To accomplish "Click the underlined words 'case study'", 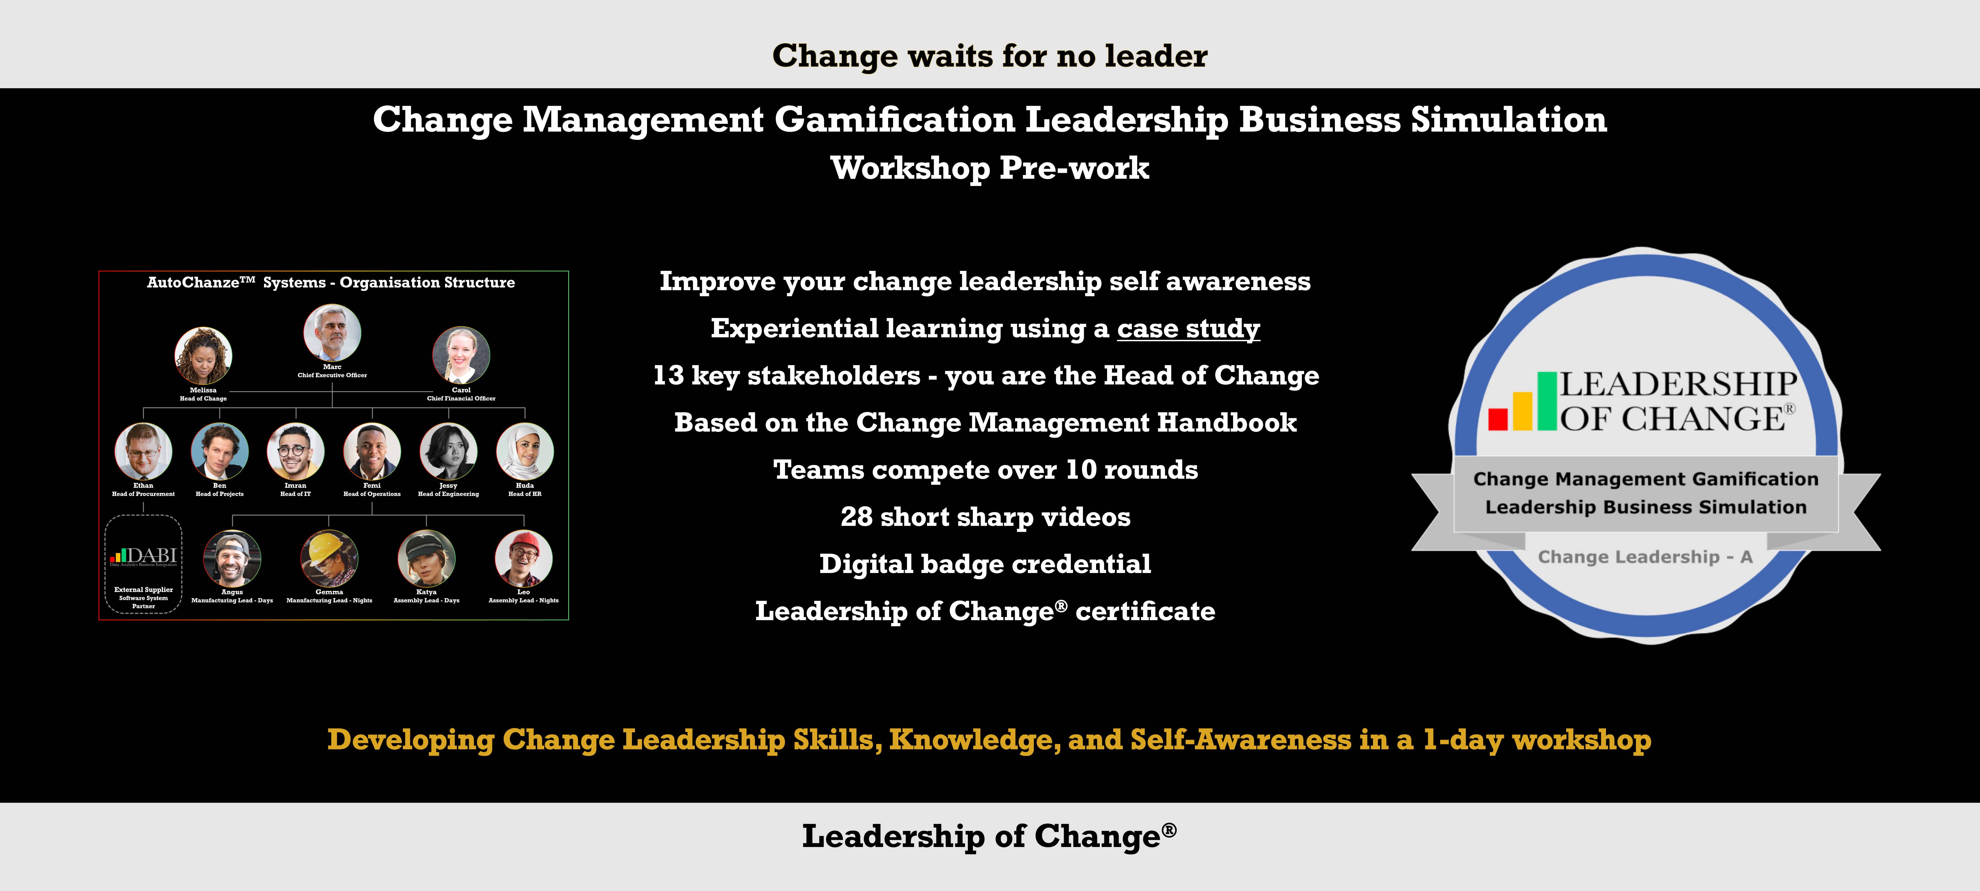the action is coord(1188,329).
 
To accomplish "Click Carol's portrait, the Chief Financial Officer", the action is coord(461,355).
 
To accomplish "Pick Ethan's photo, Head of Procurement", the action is coord(143,451).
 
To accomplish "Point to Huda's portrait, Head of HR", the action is coord(525,451).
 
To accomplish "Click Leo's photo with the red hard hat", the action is coord(524,558).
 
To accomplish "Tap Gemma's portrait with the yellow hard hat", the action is coord(329,558).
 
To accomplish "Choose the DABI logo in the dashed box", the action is coord(144,556).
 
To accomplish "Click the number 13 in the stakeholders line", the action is coord(668,375).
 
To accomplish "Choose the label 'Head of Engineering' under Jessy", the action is coord(448,494).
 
